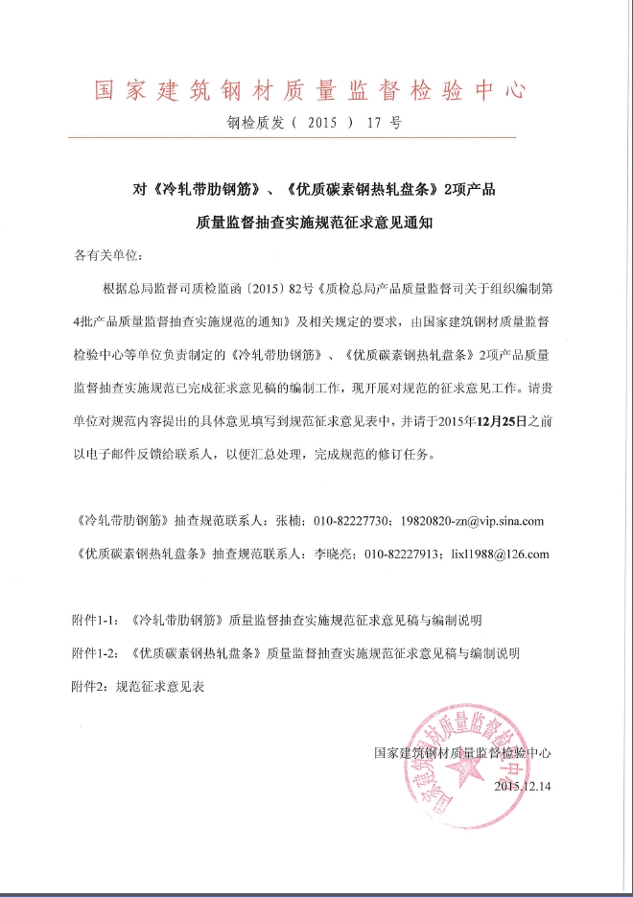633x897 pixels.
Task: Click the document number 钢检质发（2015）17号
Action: [x=314, y=123]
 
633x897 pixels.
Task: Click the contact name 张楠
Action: [x=288, y=522]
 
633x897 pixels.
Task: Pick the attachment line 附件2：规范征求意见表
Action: [x=140, y=687]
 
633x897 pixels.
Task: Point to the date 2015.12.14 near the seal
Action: [x=524, y=786]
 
